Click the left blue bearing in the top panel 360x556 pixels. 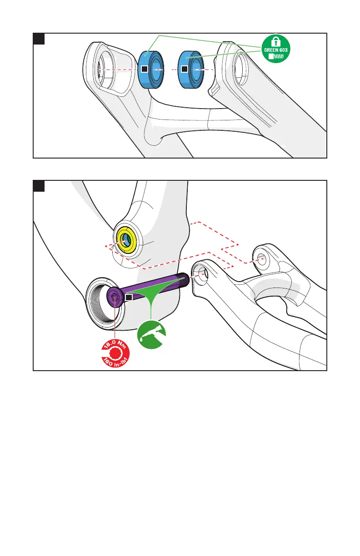coord(152,70)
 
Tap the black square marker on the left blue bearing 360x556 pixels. coord(144,69)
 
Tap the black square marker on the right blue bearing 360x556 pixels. coord(184,69)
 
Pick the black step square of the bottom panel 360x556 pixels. coord(39,186)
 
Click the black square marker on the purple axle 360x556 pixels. coord(129,297)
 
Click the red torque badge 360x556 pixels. coord(114,354)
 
